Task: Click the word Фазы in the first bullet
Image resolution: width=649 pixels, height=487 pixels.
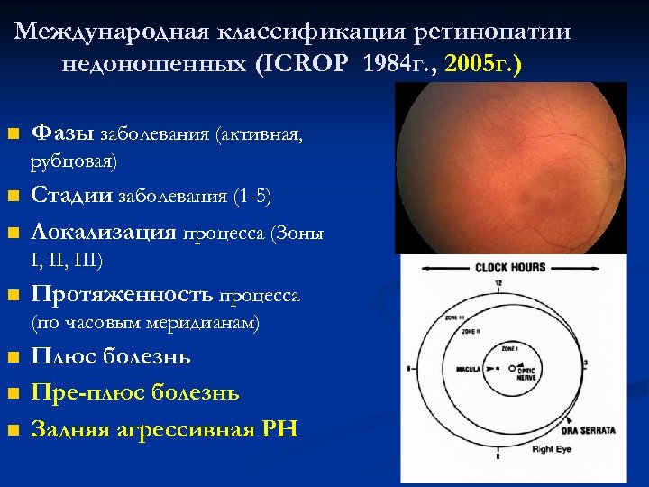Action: (61, 133)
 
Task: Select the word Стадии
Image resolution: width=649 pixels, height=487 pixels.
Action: (70, 196)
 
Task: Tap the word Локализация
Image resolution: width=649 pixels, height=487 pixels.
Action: (104, 232)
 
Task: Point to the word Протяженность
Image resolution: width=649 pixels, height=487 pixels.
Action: (122, 295)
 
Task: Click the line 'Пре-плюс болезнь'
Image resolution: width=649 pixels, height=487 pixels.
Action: (135, 393)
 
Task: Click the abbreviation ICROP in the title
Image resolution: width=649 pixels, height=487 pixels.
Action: (308, 66)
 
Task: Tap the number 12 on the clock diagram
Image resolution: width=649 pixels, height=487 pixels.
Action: (498, 284)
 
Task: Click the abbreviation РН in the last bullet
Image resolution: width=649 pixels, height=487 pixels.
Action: (279, 429)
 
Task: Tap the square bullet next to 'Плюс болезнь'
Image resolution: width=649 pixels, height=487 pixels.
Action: (13, 357)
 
